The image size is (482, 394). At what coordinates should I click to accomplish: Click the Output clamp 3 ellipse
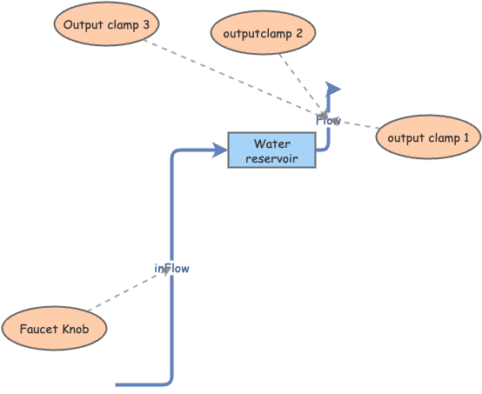pos(106,25)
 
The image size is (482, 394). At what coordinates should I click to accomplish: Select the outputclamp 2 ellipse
pos(263,34)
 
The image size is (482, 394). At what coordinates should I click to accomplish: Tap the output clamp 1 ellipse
pos(428,137)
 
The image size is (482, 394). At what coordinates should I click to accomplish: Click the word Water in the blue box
pos(271,144)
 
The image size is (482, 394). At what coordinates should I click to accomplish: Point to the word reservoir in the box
pos(271,158)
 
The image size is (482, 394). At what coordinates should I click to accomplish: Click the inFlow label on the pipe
pos(171,269)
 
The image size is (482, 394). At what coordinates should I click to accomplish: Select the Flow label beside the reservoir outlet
pos(328,120)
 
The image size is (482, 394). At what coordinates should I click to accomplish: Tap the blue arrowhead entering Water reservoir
pos(221,150)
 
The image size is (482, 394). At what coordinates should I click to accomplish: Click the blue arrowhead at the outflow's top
pos(331,89)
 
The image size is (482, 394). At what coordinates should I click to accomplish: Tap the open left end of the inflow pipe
pos(118,384)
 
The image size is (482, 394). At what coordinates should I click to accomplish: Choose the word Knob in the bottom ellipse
pos(74,330)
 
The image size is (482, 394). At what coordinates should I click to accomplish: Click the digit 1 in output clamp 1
pos(465,137)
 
